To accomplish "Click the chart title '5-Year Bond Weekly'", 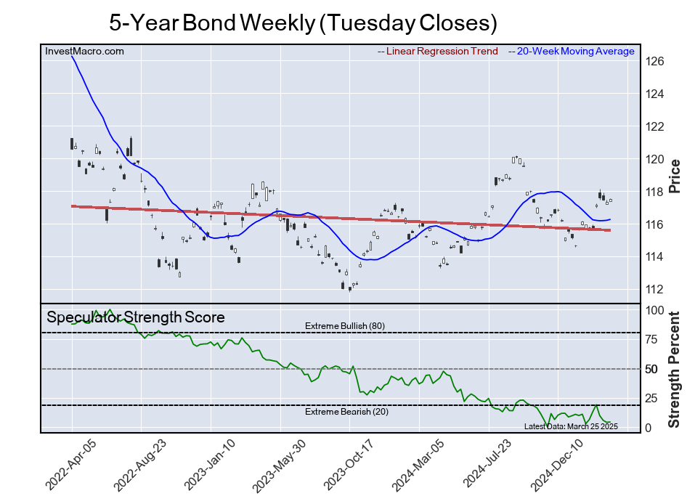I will pos(303,23).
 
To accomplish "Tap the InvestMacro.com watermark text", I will pos(84,51).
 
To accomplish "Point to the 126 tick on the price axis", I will pos(656,62).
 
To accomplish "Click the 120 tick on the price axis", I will pos(656,159).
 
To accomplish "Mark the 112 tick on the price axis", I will pos(656,289).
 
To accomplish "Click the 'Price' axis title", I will pos(674,175).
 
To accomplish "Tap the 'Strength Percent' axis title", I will pos(674,369).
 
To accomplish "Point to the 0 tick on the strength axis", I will pos(650,428).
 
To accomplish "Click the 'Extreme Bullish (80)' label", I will pos(344,326).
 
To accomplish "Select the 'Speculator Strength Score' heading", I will pos(136,317).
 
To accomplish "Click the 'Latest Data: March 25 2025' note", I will pos(570,426).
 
